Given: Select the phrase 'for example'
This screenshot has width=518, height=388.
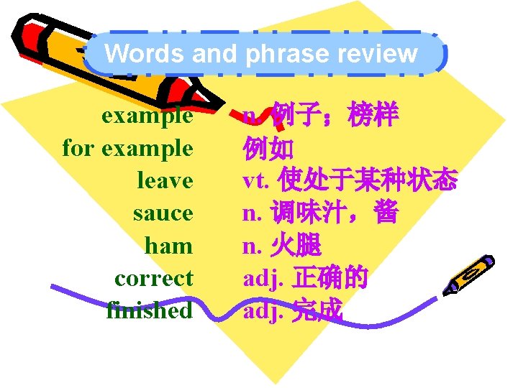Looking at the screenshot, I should click(x=127, y=149).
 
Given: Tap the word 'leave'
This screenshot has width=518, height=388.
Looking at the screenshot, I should click(x=165, y=181).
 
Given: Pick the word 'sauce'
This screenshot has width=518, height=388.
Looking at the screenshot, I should click(x=163, y=213).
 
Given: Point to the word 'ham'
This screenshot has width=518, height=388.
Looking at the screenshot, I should click(x=168, y=246).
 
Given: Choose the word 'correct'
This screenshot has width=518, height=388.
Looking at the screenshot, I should click(x=153, y=278).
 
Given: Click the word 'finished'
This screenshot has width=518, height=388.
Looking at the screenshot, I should click(x=149, y=310).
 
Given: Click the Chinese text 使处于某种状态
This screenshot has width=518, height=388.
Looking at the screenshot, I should click(x=367, y=181).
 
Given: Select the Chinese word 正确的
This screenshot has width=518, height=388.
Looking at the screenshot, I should click(x=331, y=278).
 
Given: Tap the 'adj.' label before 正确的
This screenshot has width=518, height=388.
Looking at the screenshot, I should click(x=263, y=278).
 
